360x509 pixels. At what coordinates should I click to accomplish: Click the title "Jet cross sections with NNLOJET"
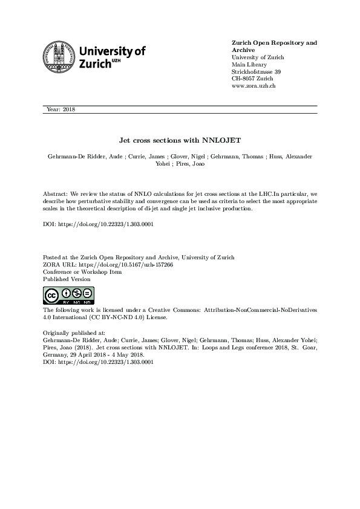click(x=179, y=140)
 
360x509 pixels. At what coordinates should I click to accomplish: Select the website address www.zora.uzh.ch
click(x=254, y=86)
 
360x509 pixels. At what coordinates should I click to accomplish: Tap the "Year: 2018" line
click(x=61, y=109)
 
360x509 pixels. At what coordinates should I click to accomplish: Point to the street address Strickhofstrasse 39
click(x=257, y=72)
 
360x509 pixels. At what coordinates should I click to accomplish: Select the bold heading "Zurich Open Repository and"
click(x=275, y=43)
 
